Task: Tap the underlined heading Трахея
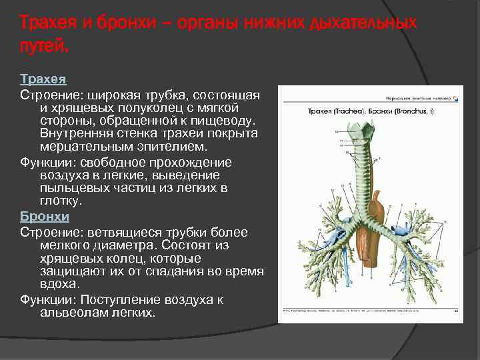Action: (x=43, y=79)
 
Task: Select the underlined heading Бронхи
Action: (x=45, y=217)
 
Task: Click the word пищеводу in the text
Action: (x=223, y=121)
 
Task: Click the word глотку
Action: (x=61, y=200)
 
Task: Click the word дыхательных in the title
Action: (x=362, y=23)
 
